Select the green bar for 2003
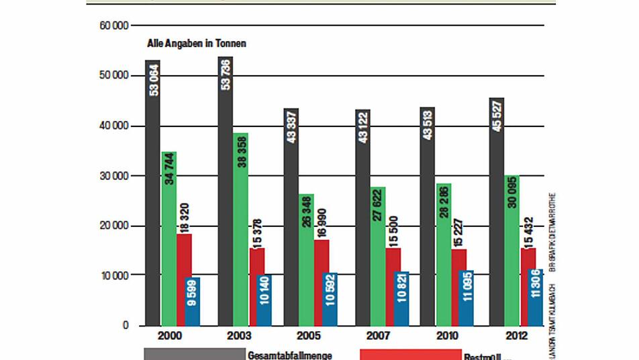pyautogui.click(x=241, y=229)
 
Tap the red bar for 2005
pyautogui.click(x=322, y=282)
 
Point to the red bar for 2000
pyautogui.click(x=184, y=279)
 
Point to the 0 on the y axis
pyautogui.click(x=125, y=325)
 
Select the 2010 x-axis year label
pyautogui.click(x=447, y=336)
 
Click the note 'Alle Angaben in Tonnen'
pyautogui.click(x=197, y=44)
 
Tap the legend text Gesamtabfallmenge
pyautogui.click(x=290, y=355)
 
